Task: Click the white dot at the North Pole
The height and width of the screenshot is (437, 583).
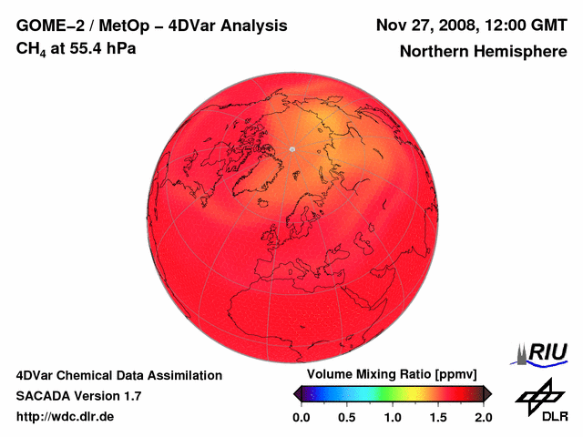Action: coord(292,148)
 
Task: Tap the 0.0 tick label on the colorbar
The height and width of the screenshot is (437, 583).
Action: coord(302,417)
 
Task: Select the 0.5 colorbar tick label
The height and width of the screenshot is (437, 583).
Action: coord(347,417)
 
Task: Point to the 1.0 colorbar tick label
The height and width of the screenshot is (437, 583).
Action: coord(393,417)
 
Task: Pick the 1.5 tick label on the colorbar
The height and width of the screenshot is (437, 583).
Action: coord(438,417)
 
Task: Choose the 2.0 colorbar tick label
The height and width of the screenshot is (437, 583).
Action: coord(483,417)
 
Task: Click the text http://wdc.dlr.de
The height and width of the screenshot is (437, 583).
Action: coord(66,417)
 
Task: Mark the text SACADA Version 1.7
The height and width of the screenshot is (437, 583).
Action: coord(78,396)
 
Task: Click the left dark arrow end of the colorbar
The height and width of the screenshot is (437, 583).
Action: coord(298,393)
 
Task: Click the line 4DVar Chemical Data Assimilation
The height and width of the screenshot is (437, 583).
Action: coord(118,375)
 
